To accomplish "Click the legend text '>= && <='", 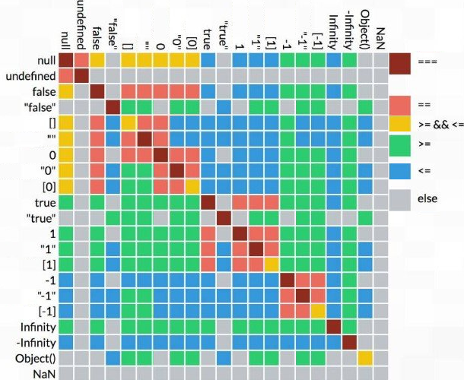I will tap(439, 122).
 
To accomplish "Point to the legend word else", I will tap(427, 199).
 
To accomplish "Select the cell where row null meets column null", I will tap(65, 61).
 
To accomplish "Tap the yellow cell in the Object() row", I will tap(364, 358).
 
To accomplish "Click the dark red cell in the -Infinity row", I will tap(348, 342).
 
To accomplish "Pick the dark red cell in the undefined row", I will tap(81, 76).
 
